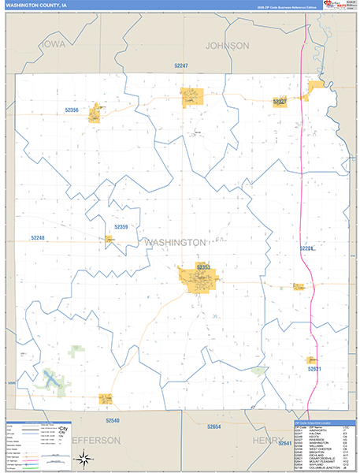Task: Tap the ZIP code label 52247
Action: pyautogui.click(x=182, y=65)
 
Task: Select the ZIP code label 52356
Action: pyautogui.click(x=71, y=110)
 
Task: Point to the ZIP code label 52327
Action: pyautogui.click(x=280, y=102)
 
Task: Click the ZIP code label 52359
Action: pyautogui.click(x=121, y=227)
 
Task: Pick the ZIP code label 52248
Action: pyautogui.click(x=39, y=237)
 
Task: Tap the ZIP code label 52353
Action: pyautogui.click(x=203, y=268)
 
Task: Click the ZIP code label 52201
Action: pyautogui.click(x=307, y=249)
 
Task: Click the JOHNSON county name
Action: pyautogui.click(x=227, y=46)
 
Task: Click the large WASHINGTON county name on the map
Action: pyautogui.click(x=175, y=243)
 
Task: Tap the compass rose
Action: pyautogui.click(x=83, y=458)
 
